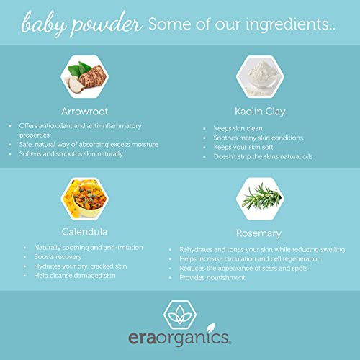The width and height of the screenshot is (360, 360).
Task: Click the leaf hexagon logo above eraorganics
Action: (x=180, y=315)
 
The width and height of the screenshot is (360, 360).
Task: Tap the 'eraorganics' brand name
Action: (x=180, y=338)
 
